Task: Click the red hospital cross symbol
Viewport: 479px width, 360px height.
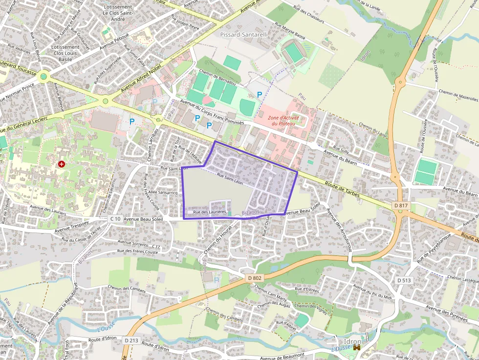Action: [x=62, y=164]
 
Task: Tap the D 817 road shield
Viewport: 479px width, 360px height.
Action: [x=401, y=206]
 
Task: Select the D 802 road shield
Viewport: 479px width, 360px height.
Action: [x=255, y=278]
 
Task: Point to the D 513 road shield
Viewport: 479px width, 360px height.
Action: [x=404, y=280]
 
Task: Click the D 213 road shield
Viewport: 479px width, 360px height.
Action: [x=131, y=340]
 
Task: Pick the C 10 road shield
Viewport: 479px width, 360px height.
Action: [x=115, y=219]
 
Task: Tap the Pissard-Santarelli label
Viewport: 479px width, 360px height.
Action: [x=244, y=35]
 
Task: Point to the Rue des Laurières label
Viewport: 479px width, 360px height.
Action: [x=210, y=212]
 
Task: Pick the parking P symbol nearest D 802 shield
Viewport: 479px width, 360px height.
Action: [x=217, y=279]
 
